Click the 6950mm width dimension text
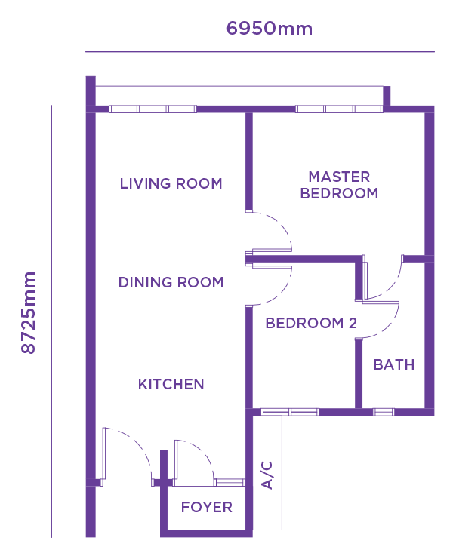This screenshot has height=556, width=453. click(270, 29)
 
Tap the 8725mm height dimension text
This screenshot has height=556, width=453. click(29, 313)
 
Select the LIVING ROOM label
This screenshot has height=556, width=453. click(171, 183)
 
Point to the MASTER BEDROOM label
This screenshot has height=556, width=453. click(339, 185)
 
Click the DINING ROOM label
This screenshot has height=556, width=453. click(171, 282)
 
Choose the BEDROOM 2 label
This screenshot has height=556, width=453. click(311, 323)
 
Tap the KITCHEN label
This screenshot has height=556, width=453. click(171, 384)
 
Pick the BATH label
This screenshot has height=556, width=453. click(394, 364)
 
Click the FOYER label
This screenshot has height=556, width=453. click(206, 507)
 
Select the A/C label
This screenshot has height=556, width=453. click(267, 475)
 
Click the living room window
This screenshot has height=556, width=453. click(153, 109)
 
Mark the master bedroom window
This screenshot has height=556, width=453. click(339, 109)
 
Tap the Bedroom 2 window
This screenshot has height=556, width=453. click(290, 412)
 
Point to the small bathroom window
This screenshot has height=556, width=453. click(384, 412)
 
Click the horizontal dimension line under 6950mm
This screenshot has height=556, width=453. click(260, 52)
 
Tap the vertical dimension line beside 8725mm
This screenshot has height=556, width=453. click(51, 321)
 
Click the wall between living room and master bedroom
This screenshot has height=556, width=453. click(249, 161)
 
